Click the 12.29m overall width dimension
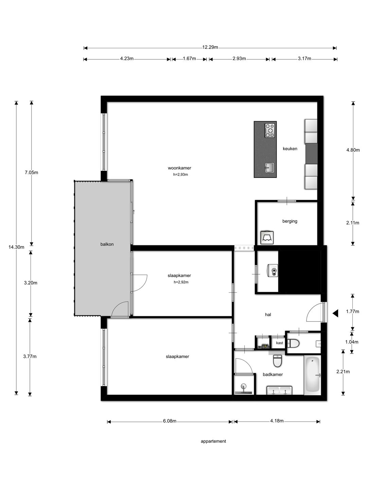coord(210,48)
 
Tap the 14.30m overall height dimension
coord(16,247)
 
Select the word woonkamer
coord(179,168)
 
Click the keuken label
coord(290,148)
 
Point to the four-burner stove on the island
coord(270,130)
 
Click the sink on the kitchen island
coord(270,167)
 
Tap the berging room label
coord(290,221)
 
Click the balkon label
coord(107,244)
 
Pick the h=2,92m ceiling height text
coord(181,282)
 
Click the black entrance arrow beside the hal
coord(335,313)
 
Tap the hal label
coord(268,315)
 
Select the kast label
coord(279,343)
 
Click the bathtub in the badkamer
coord(312,375)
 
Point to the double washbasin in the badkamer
coord(279,391)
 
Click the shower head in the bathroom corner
coord(243,386)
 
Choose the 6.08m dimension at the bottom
coord(169,421)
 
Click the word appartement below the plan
coord(213,441)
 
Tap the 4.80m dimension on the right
coord(353,150)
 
